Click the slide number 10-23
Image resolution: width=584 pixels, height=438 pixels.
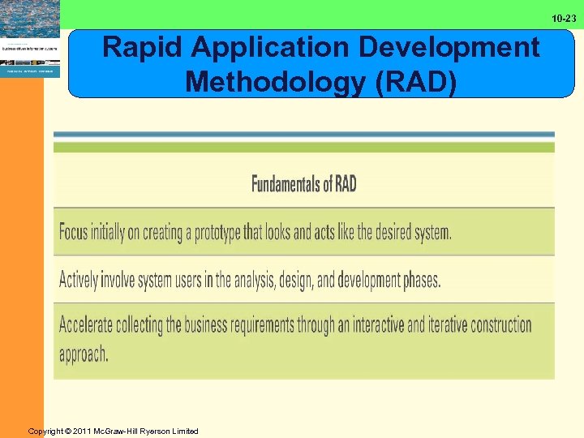(564, 18)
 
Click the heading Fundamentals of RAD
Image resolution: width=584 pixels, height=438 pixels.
(303, 184)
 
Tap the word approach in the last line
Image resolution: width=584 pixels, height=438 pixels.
(83, 354)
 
